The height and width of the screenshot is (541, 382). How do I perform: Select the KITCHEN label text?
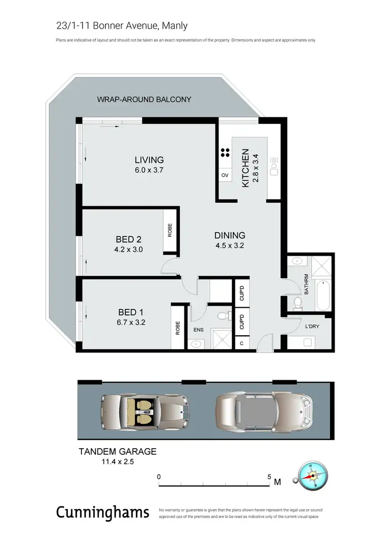tap(245, 168)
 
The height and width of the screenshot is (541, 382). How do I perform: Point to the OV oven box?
tap(224, 175)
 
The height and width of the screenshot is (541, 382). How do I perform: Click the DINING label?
tap(229, 235)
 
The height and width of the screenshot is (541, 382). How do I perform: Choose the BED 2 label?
tap(128, 239)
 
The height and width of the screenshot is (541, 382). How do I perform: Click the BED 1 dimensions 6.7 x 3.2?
tap(127, 322)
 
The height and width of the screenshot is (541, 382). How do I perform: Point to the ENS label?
tap(198, 330)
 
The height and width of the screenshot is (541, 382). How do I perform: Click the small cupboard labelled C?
tap(241, 343)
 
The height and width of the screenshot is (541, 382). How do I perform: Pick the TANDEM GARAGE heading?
tap(117, 451)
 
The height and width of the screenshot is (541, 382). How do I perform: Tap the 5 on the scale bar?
tap(269, 476)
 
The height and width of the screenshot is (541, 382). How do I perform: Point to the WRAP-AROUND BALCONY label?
tap(144, 99)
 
